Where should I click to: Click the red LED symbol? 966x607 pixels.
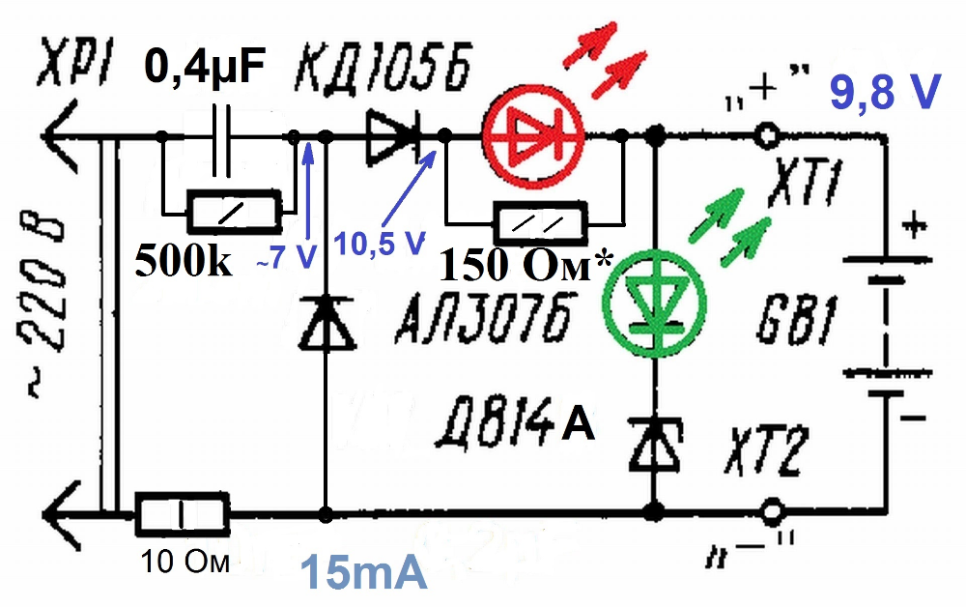532,135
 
